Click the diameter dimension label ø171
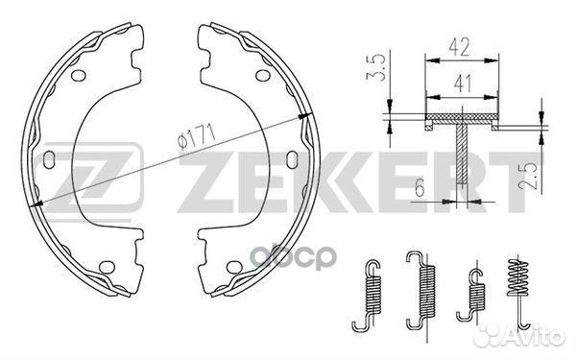(196, 136)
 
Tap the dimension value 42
(459, 47)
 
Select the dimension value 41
(463, 84)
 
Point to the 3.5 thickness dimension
(375, 67)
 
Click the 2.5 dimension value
(528, 176)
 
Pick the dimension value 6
(420, 188)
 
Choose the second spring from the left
(423, 289)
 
